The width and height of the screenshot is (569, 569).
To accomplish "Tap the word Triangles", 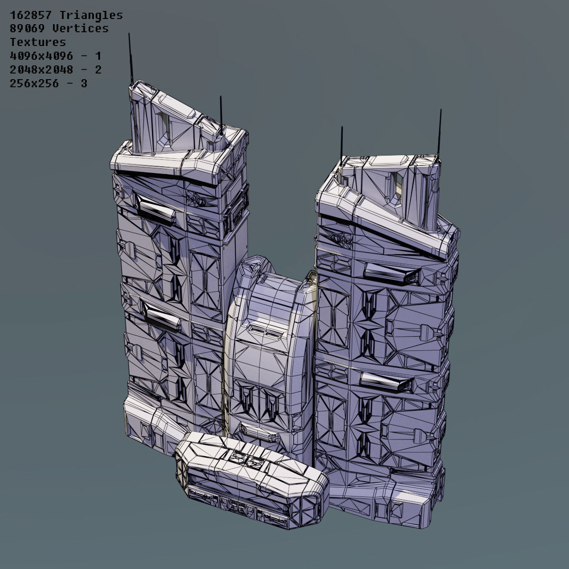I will (91, 16).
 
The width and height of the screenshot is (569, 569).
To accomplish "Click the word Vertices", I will (81, 29).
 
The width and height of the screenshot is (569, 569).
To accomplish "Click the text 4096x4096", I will (42, 56).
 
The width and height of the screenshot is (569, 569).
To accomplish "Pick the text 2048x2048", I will (42, 70).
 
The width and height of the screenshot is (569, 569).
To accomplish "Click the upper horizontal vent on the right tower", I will (392, 272).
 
